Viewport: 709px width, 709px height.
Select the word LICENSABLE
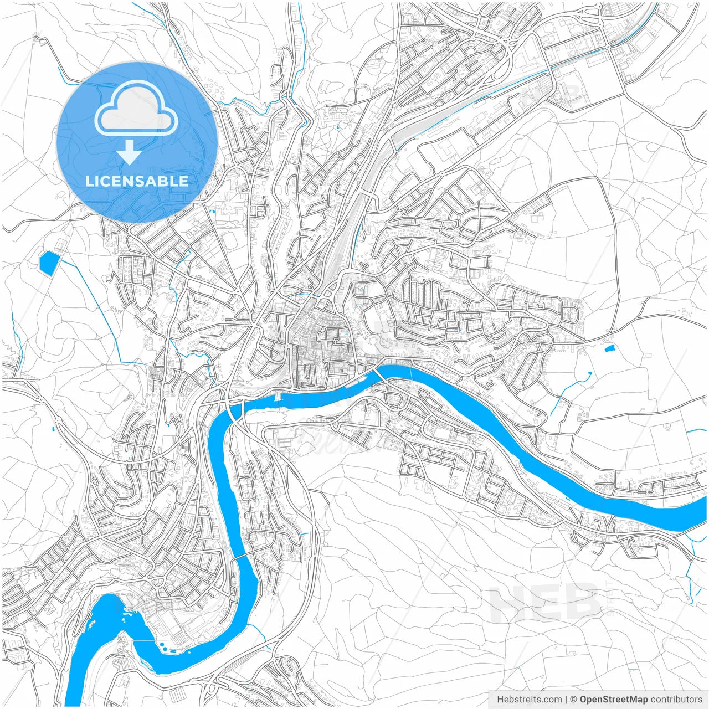pos(136,182)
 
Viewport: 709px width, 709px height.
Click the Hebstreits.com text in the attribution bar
pos(530,700)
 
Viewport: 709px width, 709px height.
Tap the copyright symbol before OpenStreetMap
pos(574,700)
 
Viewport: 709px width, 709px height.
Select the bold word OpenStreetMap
pos(614,700)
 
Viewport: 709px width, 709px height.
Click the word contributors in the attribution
pos(676,700)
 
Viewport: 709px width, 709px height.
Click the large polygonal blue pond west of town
pos(49,261)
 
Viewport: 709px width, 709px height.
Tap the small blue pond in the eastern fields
pos(610,348)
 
